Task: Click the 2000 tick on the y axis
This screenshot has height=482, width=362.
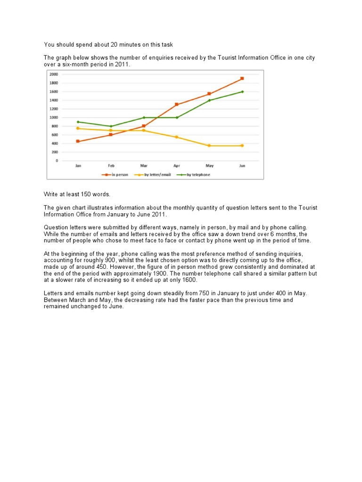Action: point(53,74)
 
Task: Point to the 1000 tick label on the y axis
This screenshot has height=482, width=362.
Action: point(53,118)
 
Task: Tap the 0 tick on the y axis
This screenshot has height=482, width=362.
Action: point(57,161)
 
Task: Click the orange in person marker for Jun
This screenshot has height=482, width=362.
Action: point(242,79)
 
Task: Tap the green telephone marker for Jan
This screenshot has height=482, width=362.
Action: point(78,122)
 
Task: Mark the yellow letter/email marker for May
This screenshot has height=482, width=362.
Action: point(209,146)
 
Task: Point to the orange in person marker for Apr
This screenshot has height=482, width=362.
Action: point(177,104)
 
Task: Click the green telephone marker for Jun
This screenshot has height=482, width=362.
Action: point(242,92)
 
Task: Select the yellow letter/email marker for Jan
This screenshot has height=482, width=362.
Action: point(78,129)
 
